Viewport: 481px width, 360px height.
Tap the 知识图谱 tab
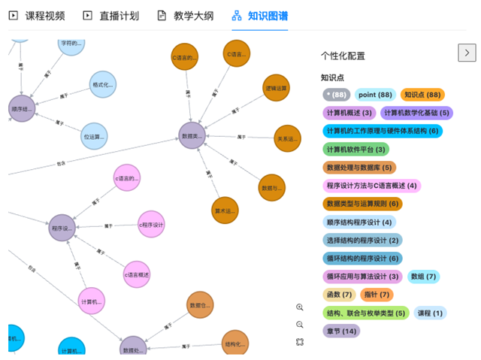pyautogui.click(x=260, y=15)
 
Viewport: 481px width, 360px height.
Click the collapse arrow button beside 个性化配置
pyautogui.click(x=467, y=53)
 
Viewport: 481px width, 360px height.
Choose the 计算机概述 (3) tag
pyautogui.click(x=349, y=113)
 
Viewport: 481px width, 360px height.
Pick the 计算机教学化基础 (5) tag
pyautogui.click(x=416, y=113)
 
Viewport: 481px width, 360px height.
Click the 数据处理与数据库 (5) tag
pyautogui.click(x=359, y=167)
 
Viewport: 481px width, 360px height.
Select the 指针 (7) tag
pyautogui.click(x=377, y=295)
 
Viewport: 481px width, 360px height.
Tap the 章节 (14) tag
pyautogui.click(x=341, y=331)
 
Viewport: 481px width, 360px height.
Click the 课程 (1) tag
pyautogui.click(x=430, y=313)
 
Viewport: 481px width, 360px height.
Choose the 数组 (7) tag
pyautogui.click(x=424, y=277)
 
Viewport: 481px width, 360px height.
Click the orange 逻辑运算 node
pyautogui.click(x=276, y=88)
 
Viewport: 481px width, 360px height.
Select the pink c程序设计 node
pyautogui.click(x=151, y=224)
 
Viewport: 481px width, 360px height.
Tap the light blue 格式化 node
pyautogui.click(x=103, y=85)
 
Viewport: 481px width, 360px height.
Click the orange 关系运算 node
pyautogui.click(x=287, y=138)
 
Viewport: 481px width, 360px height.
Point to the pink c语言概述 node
pyautogui.click(x=137, y=274)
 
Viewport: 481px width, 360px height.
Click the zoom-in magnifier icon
pyautogui.click(x=300, y=307)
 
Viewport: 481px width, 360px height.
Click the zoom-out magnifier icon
pyautogui.click(x=300, y=324)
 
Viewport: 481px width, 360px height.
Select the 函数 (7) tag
pyautogui.click(x=339, y=295)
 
